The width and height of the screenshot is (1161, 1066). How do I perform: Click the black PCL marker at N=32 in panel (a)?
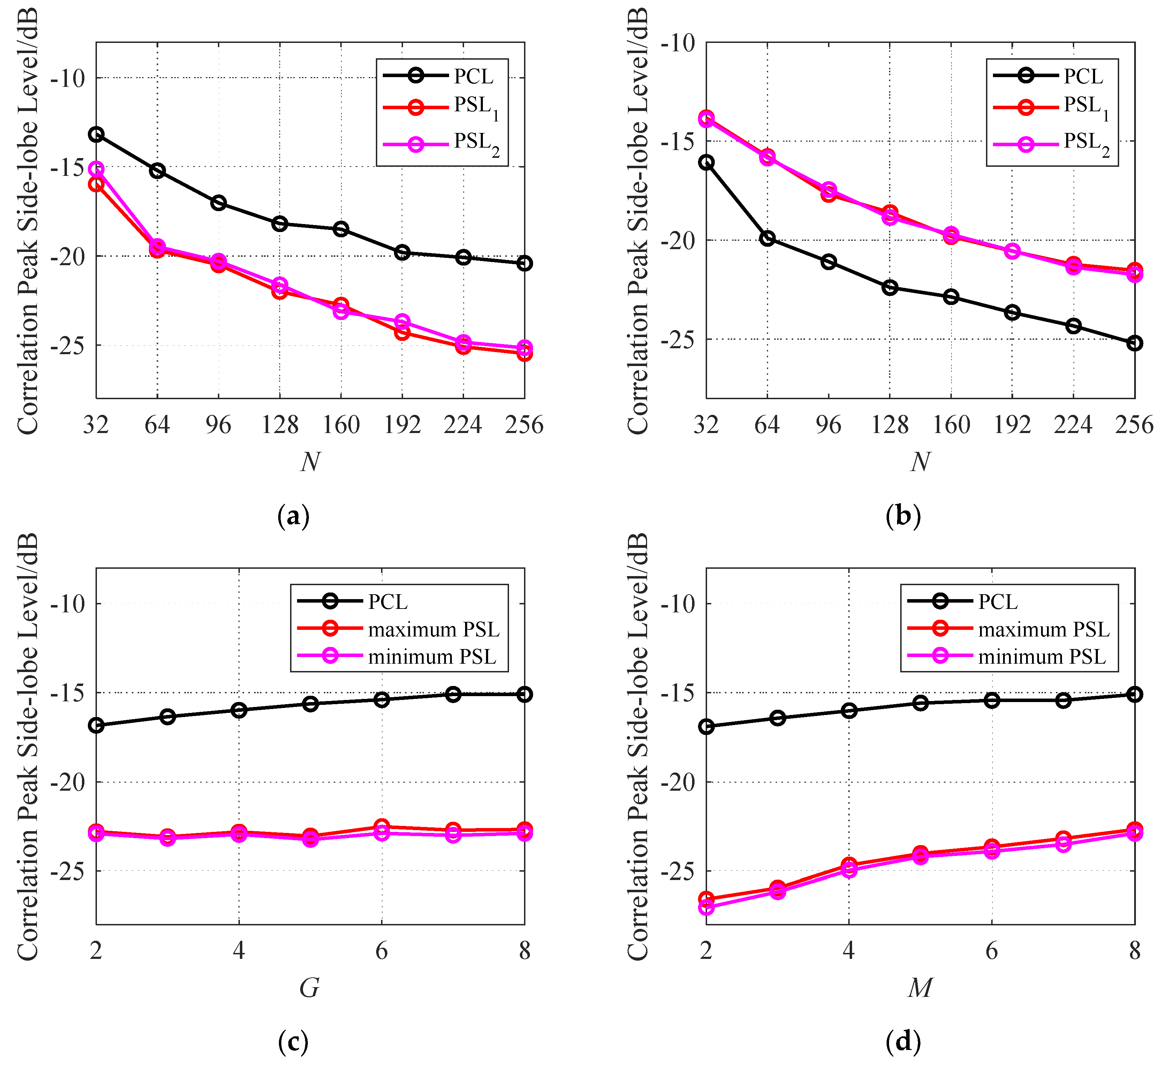coord(96,134)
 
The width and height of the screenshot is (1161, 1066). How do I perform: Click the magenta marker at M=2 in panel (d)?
coord(706,907)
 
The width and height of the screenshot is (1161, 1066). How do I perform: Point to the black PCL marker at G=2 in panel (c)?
coord(96,725)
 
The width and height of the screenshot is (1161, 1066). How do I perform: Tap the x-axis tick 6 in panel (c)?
coord(382,951)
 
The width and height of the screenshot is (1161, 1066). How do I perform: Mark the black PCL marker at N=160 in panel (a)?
coord(341,229)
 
